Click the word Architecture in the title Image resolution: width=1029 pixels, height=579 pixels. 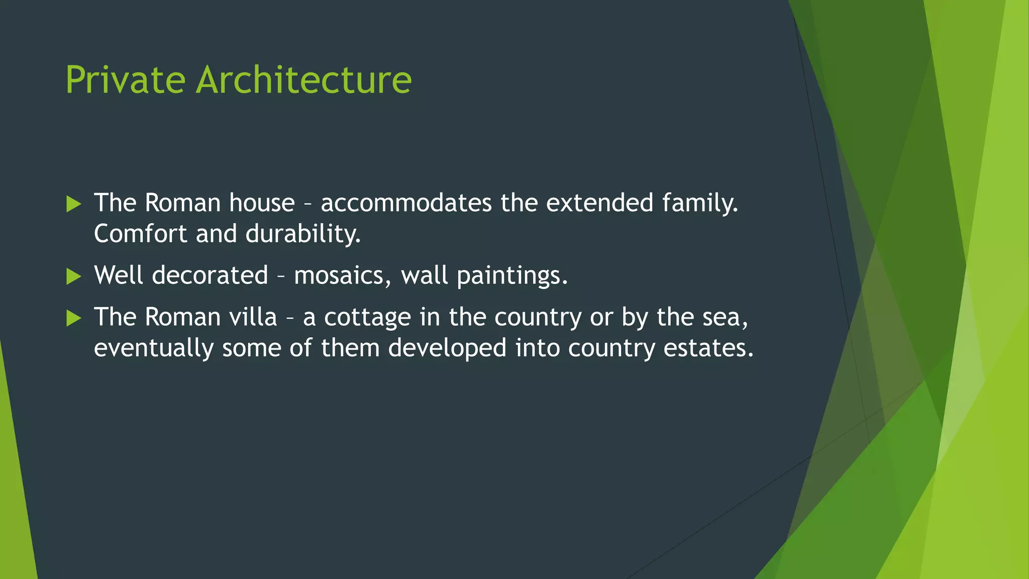(303, 80)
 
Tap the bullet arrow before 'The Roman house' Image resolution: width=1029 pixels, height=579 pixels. (73, 204)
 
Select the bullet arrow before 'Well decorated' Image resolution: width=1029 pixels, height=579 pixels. (73, 276)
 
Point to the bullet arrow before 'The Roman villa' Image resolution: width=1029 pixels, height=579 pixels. (73, 318)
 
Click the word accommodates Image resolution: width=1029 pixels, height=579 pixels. (406, 203)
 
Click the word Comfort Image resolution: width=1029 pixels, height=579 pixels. (140, 234)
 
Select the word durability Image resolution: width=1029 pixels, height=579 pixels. (303, 234)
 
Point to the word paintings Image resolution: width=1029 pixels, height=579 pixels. (512, 276)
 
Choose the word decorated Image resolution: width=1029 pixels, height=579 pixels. (210, 276)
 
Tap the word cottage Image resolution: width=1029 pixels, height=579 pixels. (367, 318)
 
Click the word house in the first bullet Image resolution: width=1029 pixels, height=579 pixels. (262, 203)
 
